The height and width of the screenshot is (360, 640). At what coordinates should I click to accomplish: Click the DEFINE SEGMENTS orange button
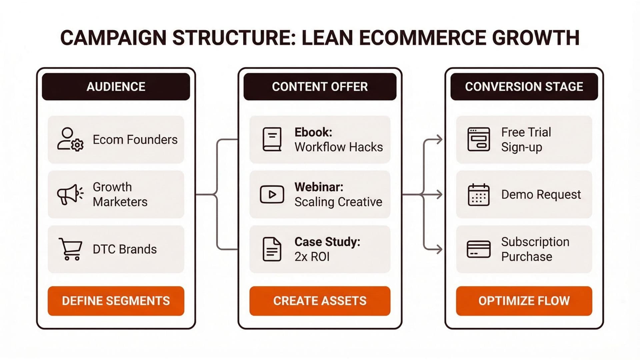116,301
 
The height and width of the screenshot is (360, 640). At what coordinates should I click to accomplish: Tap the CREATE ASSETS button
320,301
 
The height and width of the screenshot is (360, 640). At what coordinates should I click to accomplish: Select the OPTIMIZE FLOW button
524,301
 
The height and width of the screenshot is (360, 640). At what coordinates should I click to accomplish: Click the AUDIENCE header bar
116,87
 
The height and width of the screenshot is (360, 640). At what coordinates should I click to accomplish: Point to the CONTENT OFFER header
320,87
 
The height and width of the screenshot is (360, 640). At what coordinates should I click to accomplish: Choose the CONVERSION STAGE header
524,87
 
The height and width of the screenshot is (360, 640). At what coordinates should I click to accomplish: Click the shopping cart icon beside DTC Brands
70,249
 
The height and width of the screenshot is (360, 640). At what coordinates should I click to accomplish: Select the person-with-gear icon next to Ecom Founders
70,139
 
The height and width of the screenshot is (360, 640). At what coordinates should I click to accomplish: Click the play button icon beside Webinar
272,194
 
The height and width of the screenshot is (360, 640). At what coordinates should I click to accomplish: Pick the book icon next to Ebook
272,139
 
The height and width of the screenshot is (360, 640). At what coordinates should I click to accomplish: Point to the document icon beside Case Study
272,249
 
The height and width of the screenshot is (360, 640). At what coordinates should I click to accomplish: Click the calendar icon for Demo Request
479,194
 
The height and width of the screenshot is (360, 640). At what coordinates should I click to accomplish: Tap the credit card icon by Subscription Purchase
479,249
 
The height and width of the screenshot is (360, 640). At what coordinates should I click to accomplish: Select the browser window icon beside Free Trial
479,139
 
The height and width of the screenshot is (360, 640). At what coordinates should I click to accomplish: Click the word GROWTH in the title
536,38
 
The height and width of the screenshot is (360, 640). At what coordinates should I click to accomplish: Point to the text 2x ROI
312,257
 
